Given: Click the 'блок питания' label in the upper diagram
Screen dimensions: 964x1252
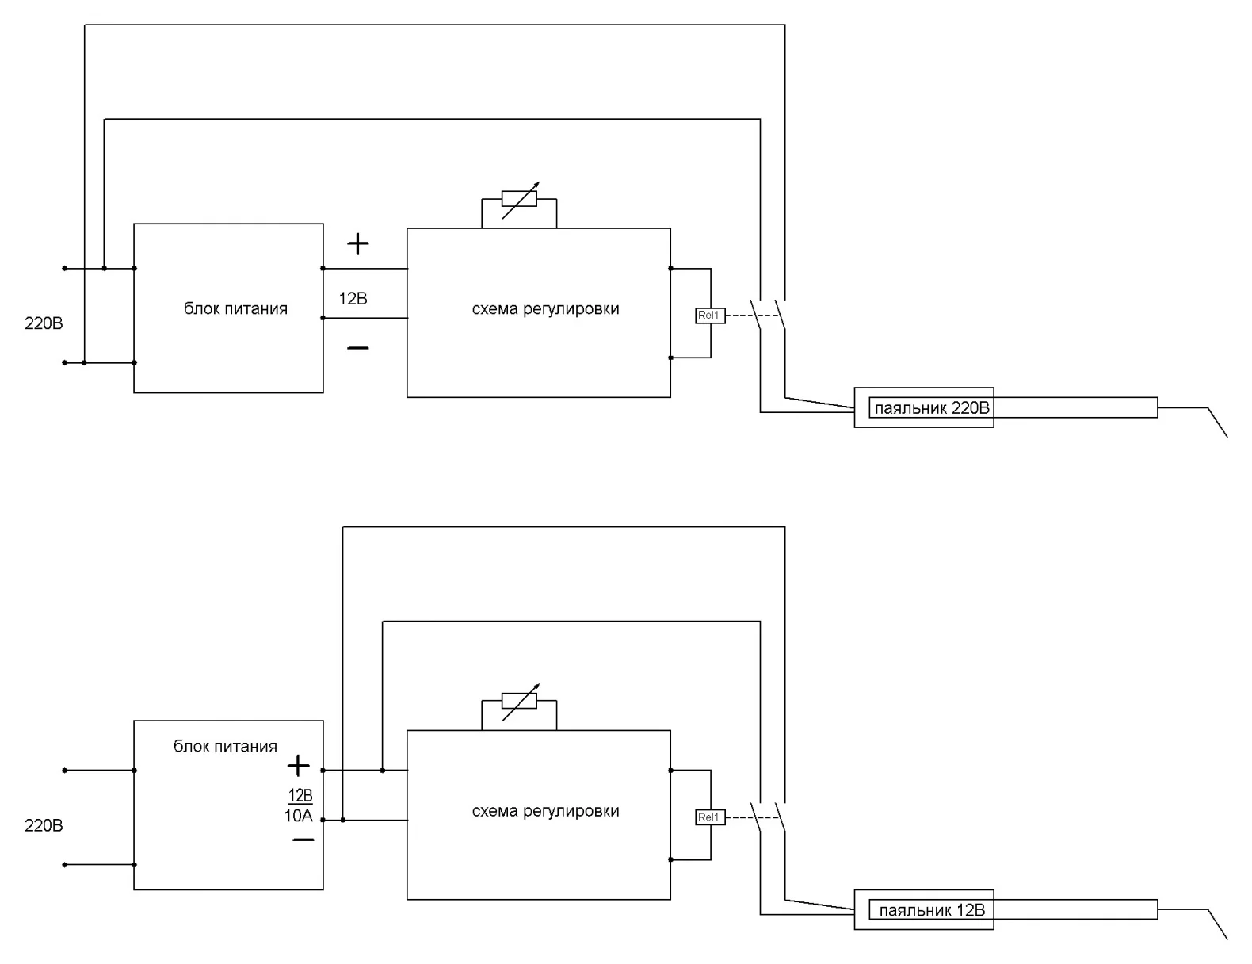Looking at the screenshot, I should pos(235,309).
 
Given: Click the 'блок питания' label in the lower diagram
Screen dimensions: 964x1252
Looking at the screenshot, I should pos(225,746).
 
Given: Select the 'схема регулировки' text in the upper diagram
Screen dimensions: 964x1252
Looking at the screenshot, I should pos(545,309).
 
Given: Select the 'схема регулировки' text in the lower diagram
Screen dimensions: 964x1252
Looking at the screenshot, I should pos(545,811).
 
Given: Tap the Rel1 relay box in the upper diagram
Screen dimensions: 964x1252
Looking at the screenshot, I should pos(709,316).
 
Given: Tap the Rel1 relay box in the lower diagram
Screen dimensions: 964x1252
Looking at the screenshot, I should pos(709,817).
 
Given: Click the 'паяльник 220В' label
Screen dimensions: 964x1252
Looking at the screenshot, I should pos(931,409).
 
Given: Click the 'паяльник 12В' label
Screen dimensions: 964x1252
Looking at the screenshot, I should pos(931,910).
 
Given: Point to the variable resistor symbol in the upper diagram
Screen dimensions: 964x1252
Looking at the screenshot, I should pos(519,198).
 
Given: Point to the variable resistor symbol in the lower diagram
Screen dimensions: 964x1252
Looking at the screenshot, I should pos(519,701).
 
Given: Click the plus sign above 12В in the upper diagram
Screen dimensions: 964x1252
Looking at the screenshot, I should pos(358,243).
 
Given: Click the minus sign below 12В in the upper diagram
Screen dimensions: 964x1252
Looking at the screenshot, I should pos(358,347).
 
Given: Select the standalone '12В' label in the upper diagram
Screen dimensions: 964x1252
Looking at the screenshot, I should pos(353,299).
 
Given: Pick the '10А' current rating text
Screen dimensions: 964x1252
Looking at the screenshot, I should pos(299,816).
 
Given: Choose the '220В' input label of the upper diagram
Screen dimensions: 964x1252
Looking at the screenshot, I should pos(44,323).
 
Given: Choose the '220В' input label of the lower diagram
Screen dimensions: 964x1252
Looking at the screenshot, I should pos(44,825).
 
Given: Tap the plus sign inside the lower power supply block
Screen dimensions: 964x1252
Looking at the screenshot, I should pos(298,766).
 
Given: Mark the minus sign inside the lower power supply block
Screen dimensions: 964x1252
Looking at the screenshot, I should pos(303,840).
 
